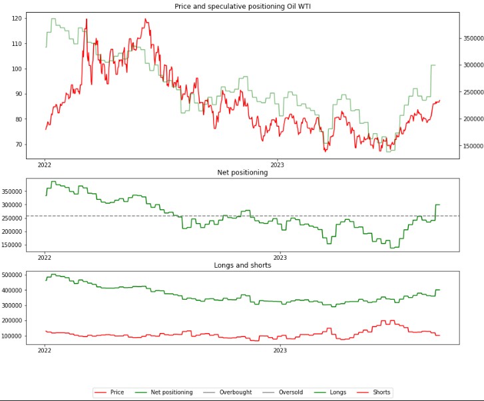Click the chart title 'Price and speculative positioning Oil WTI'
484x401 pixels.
coord(242,6)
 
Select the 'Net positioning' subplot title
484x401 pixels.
coord(242,173)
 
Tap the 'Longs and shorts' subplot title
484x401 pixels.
coord(242,265)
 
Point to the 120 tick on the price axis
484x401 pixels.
coord(16,19)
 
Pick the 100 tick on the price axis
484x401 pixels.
coord(16,69)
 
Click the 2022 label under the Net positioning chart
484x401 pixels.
coord(45,256)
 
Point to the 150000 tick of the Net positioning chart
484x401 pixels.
coord(13,245)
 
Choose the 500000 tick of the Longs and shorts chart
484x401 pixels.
coord(13,274)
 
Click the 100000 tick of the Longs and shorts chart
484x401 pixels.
coord(13,336)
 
